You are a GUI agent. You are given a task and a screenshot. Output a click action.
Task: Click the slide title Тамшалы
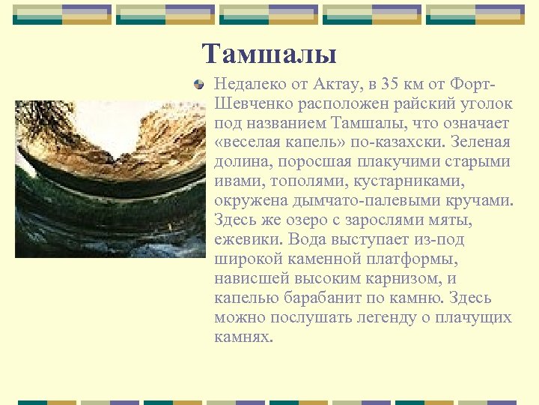(269, 54)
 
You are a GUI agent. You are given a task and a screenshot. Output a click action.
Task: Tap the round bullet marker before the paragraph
(198, 84)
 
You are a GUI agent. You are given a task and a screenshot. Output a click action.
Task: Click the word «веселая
(252, 142)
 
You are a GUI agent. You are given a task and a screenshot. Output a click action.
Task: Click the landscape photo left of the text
(110, 178)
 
